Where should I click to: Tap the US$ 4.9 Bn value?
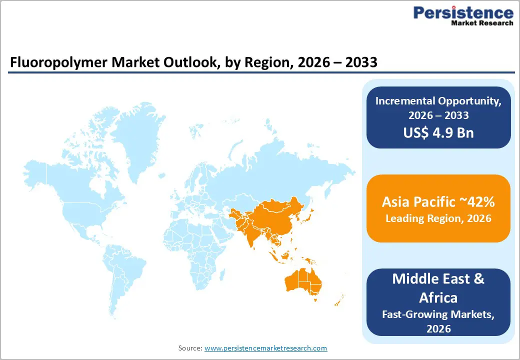pos(438,133)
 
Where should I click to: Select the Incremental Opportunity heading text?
pos(438,100)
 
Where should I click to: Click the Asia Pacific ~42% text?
pos(438,201)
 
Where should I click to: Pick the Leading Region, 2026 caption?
pos(438,218)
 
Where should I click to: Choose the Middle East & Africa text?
pos(438,287)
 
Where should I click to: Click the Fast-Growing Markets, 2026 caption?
pos(438,321)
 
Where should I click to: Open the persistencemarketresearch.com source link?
pos(265,348)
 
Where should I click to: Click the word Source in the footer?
pos(190,348)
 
